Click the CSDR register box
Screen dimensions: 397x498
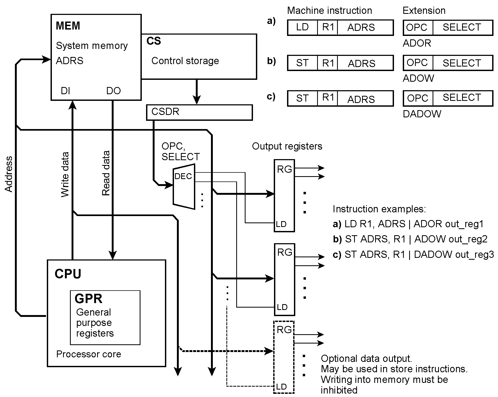tap(199, 112)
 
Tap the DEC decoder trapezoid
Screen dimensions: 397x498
tap(184, 186)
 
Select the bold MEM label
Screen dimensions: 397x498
tap(68, 26)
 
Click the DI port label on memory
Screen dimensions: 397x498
tap(65, 91)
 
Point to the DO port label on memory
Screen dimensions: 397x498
tap(113, 91)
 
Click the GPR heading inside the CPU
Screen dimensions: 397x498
tap(88, 299)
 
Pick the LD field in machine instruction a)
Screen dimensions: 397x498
tap(302, 27)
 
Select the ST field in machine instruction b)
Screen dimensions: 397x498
tap(302, 63)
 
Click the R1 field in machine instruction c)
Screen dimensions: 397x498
tap(328, 98)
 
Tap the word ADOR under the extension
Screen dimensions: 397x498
tap(417, 43)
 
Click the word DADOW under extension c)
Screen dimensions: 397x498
tap(422, 114)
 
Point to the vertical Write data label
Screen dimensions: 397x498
tap(65, 174)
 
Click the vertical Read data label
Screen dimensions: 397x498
tap(106, 173)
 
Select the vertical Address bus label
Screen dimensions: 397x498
tap(9, 174)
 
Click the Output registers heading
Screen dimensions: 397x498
tap(287, 146)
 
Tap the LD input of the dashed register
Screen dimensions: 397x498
tap(281, 387)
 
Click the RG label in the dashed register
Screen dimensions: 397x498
tap(284, 330)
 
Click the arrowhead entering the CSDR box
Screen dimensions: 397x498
tap(197, 101)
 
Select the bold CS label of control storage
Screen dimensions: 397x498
tap(153, 41)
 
